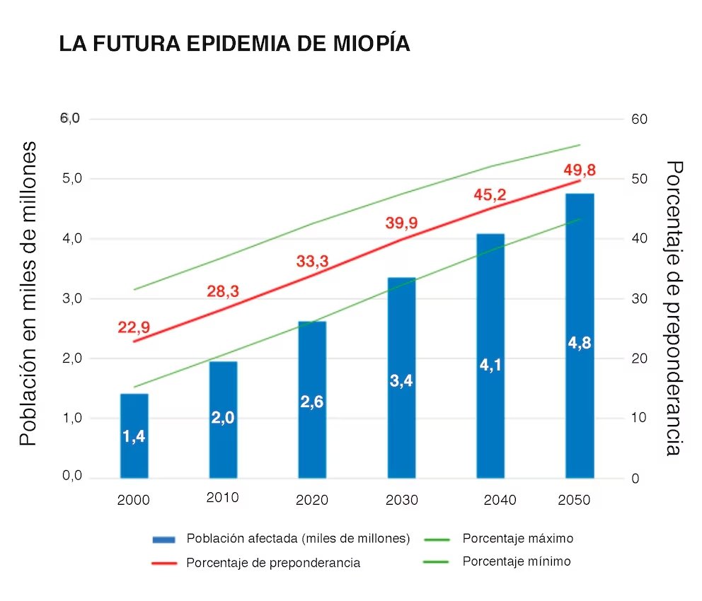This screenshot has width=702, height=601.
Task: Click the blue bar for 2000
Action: tap(134, 435)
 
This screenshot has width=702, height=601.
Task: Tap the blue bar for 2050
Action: tap(579, 336)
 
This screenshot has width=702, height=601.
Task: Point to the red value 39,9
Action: tap(401, 223)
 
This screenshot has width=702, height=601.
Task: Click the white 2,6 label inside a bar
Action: tap(312, 402)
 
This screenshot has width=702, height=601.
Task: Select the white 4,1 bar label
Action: tap(490, 366)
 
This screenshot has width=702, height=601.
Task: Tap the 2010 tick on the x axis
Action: tap(222, 498)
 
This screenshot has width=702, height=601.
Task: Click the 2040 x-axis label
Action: tap(500, 501)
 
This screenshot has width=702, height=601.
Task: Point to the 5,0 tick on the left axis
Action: tap(73, 178)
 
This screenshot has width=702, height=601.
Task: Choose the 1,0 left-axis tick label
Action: tap(73, 418)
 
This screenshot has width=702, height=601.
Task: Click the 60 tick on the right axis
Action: tap(639, 119)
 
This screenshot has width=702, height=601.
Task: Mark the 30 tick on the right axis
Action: tap(639, 298)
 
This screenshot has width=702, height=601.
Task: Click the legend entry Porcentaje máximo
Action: tap(518, 539)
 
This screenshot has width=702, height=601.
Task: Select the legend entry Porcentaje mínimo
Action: tap(517, 562)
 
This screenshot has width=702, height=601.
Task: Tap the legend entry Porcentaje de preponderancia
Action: tap(273, 564)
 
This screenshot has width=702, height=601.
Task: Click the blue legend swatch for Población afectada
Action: tap(163, 539)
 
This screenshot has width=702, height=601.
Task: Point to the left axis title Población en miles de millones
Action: tap(28, 293)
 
